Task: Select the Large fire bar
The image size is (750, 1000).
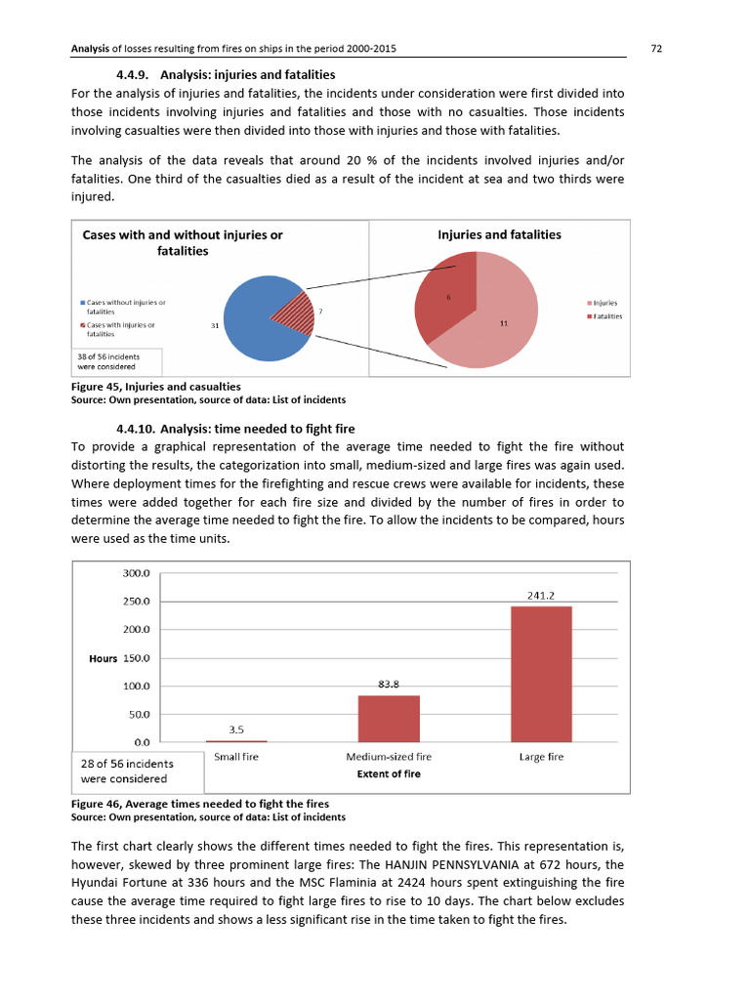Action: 542,674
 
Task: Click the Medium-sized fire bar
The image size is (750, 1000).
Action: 389,718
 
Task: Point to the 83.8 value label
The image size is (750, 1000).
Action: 389,684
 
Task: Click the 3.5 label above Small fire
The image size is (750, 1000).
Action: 235,729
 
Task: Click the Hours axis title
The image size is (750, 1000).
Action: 103,658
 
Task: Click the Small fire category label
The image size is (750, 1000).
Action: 235,756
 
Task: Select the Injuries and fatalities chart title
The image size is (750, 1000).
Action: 498,234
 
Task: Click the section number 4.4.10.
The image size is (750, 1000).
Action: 135,428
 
